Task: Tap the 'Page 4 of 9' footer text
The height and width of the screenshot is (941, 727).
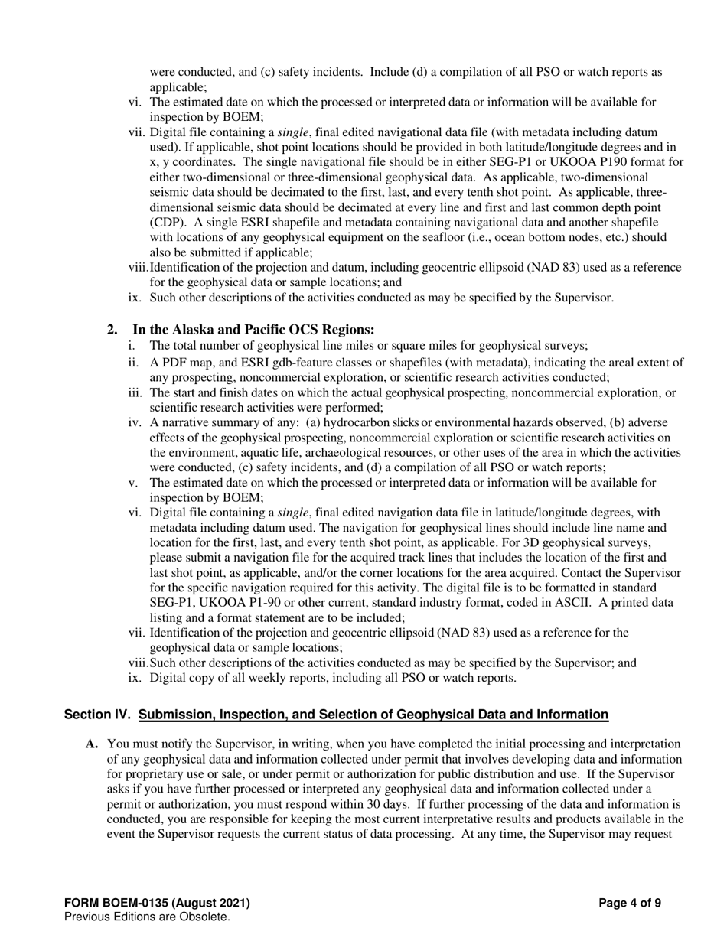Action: click(630, 904)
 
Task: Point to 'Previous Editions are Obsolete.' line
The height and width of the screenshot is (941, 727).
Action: click(147, 917)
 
